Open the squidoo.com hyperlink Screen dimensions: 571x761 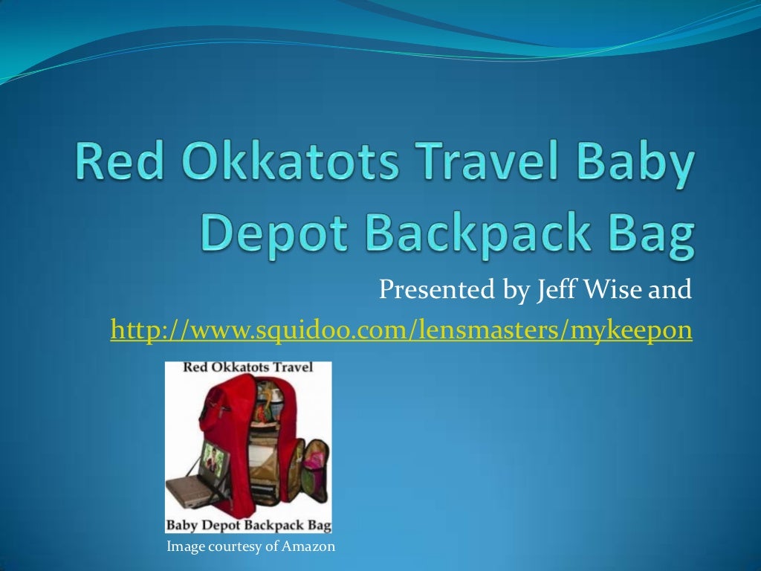click(401, 329)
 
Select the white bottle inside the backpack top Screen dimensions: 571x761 click(275, 405)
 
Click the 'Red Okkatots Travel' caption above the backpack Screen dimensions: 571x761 click(248, 368)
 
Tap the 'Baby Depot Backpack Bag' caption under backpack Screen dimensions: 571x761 click(248, 525)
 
